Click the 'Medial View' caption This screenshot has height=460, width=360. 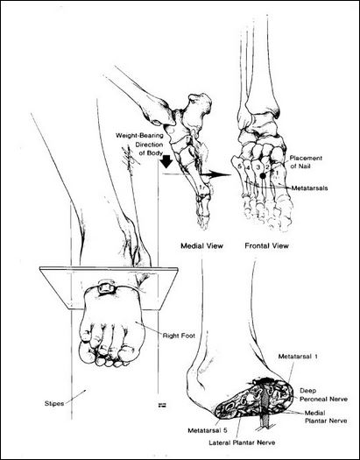click(201, 246)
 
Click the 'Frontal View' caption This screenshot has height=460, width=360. click(266, 246)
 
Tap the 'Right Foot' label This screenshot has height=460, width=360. click(179, 336)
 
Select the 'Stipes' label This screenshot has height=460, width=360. click(54, 404)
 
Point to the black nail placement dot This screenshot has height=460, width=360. click(263, 176)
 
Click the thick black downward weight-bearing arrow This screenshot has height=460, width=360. click(166, 161)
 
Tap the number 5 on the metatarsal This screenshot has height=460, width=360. click(240, 166)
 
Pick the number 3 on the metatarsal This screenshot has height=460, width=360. click(258, 167)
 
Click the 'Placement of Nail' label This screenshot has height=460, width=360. click(306, 162)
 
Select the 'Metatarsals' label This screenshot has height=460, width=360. click(309, 188)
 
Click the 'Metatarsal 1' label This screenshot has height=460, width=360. click(298, 357)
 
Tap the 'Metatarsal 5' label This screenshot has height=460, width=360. click(208, 431)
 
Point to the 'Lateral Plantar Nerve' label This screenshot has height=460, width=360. click(242, 442)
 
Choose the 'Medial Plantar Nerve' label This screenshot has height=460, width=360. click(326, 417)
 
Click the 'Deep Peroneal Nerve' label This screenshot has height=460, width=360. click(323, 395)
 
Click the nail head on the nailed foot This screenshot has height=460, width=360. click(105, 287)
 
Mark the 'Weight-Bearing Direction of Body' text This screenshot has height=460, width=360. click(139, 145)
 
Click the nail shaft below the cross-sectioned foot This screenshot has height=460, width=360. click(265, 422)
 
